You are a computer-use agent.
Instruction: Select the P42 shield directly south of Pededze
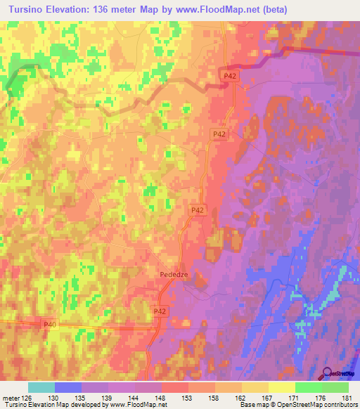coord(160,310)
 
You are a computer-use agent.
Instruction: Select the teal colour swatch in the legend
coord(41,387)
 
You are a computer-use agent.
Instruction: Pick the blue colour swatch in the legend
coord(67,387)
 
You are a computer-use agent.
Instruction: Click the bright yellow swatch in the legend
coord(281,387)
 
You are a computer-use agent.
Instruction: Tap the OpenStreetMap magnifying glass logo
coord(326,374)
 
